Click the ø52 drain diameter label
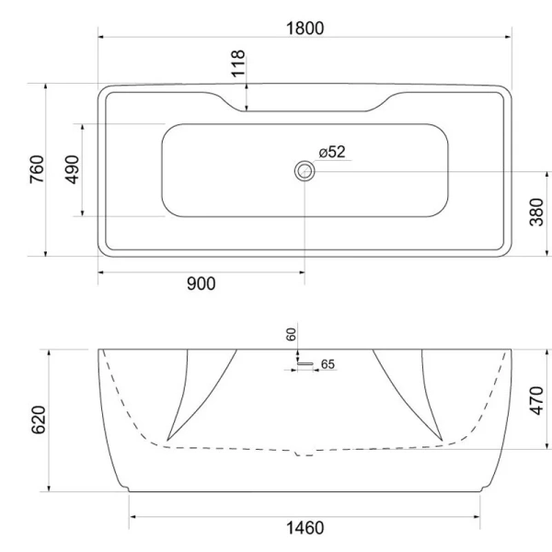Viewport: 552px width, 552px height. point(331,152)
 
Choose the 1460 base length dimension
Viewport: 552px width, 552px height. point(304,529)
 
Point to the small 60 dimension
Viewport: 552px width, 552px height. point(293,336)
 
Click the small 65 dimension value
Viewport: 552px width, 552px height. point(328,365)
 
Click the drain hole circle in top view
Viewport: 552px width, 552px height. point(304,171)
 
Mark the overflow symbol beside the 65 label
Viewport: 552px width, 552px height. point(304,365)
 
